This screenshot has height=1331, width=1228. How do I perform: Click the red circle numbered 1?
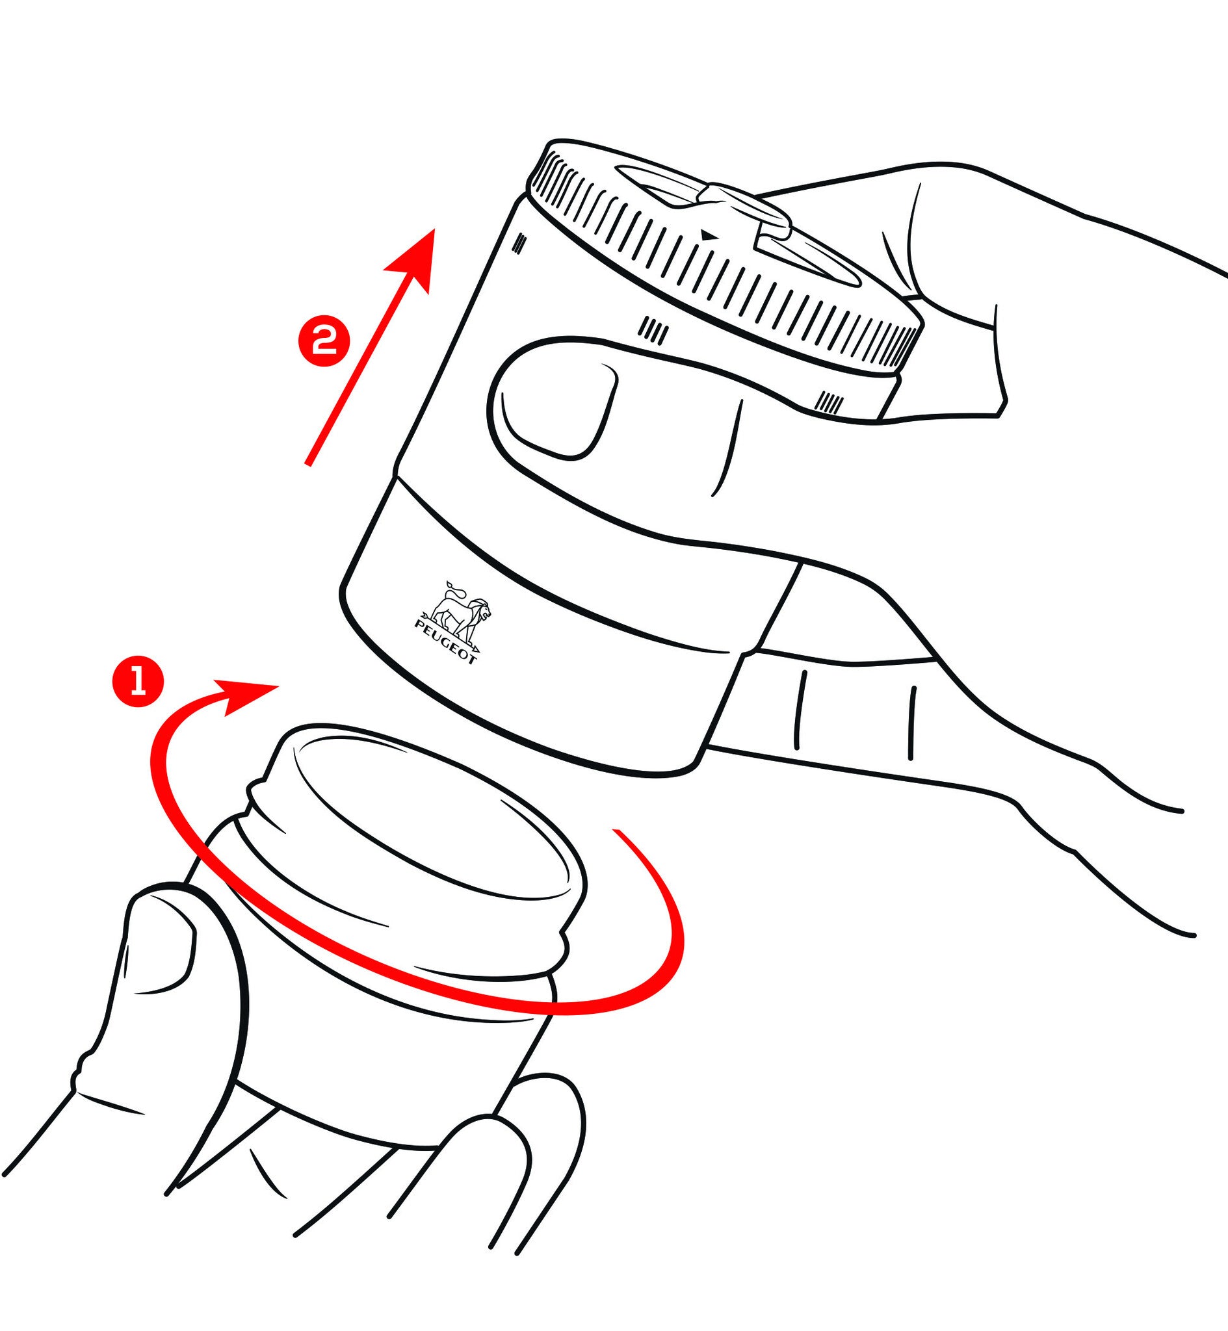click(x=138, y=682)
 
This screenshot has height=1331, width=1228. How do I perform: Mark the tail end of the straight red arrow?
click(x=307, y=463)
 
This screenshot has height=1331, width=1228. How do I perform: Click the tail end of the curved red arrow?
click(x=618, y=830)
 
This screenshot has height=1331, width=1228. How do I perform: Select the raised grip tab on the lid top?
click(x=746, y=211)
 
